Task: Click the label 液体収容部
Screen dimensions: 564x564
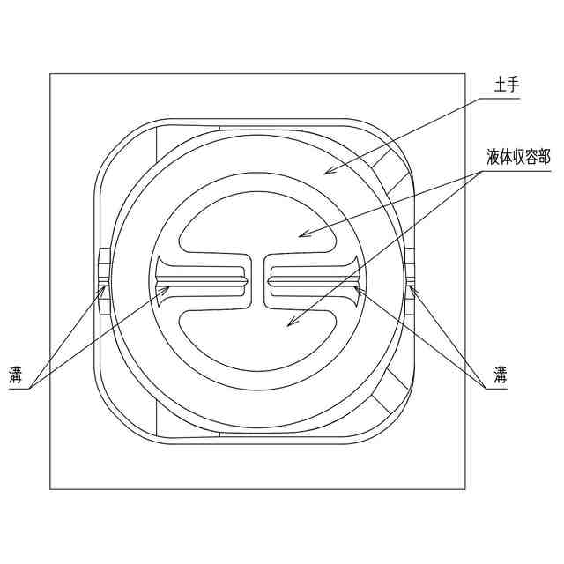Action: coord(517,158)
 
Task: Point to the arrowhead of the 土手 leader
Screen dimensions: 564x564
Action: coord(327,171)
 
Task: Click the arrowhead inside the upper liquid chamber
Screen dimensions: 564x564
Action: coord(302,235)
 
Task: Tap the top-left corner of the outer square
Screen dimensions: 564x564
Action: coord(50,74)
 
